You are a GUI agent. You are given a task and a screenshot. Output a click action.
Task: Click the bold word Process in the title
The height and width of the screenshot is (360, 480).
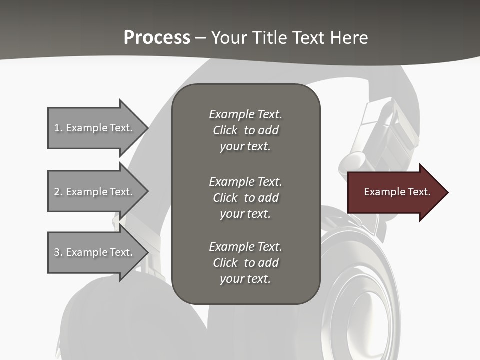(x=157, y=38)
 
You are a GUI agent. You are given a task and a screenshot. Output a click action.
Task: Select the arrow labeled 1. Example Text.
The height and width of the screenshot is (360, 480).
(x=95, y=128)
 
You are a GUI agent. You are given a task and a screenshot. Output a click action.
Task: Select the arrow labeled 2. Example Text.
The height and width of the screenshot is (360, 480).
(x=95, y=192)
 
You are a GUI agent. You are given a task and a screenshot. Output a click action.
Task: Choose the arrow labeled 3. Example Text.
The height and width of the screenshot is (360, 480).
(x=95, y=252)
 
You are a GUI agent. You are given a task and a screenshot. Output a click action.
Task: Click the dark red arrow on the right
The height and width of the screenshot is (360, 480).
(x=395, y=192)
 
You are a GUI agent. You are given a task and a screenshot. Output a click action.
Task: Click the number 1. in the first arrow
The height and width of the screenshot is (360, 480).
(x=58, y=128)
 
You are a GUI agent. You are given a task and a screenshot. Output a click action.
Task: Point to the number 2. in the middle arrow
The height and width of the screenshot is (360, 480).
(x=58, y=192)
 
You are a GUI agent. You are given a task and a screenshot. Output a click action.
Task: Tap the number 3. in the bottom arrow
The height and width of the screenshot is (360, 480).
(x=58, y=252)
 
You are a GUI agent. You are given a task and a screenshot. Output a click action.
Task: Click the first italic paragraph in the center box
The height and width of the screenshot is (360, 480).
(x=245, y=130)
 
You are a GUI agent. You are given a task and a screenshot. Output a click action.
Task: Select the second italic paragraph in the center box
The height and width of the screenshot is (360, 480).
(x=245, y=198)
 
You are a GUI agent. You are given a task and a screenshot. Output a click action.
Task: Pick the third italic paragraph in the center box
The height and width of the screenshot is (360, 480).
(x=245, y=263)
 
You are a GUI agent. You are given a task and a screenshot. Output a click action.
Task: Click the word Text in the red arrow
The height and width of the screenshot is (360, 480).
(x=419, y=192)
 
